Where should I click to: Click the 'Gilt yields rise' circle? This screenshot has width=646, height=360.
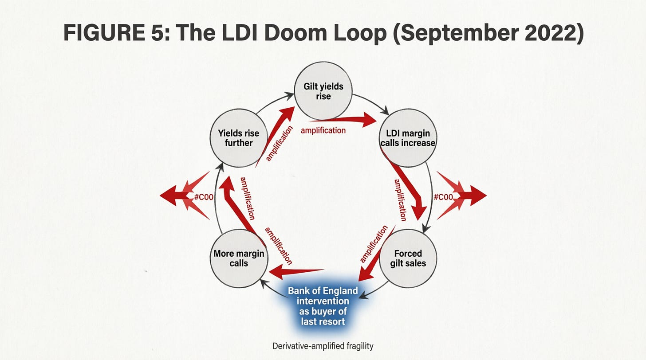[x=323, y=91]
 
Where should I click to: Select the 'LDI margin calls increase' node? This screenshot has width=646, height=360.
[x=407, y=138]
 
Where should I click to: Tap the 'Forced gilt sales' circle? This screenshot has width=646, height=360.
[x=408, y=258]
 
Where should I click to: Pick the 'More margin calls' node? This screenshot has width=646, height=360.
[x=239, y=258]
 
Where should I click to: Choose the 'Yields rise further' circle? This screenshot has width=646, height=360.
[x=239, y=138]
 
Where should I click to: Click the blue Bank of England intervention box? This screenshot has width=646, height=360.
[x=323, y=306]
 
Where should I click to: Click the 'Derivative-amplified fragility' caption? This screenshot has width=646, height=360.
[x=323, y=346]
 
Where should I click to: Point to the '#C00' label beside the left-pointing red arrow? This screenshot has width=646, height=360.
[x=204, y=197]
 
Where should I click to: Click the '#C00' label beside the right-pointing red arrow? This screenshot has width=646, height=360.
[x=443, y=197]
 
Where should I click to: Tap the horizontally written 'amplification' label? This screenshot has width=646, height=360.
[x=323, y=131]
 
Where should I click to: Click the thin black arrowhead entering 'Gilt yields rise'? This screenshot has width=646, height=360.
[x=289, y=96]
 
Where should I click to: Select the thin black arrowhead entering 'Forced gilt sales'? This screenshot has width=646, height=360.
[x=426, y=229]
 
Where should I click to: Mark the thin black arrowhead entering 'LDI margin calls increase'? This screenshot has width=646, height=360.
[x=385, y=111]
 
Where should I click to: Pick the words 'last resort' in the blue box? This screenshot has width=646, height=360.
[x=323, y=322]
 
